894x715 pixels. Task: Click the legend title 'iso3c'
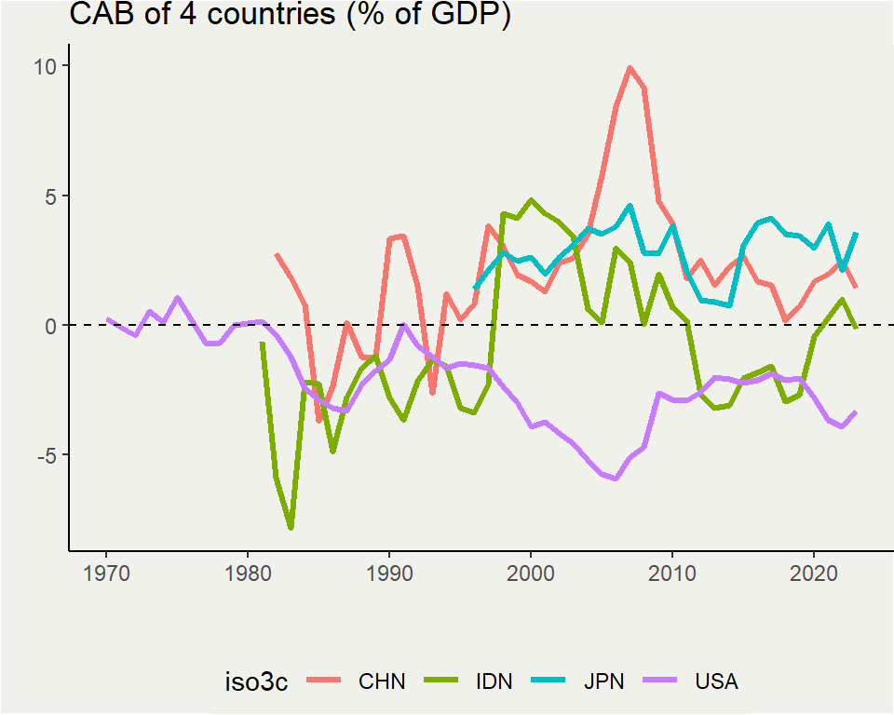point(256,681)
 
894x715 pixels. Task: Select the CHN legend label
point(382,681)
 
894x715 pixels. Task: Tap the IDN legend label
point(494,681)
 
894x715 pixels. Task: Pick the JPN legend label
point(604,681)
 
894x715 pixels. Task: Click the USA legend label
point(716,681)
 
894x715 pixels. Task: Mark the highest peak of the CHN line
point(630,67)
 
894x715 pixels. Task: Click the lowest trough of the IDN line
point(291,528)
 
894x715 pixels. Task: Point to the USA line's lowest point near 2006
point(616,479)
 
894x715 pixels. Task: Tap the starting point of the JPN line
point(474,289)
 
